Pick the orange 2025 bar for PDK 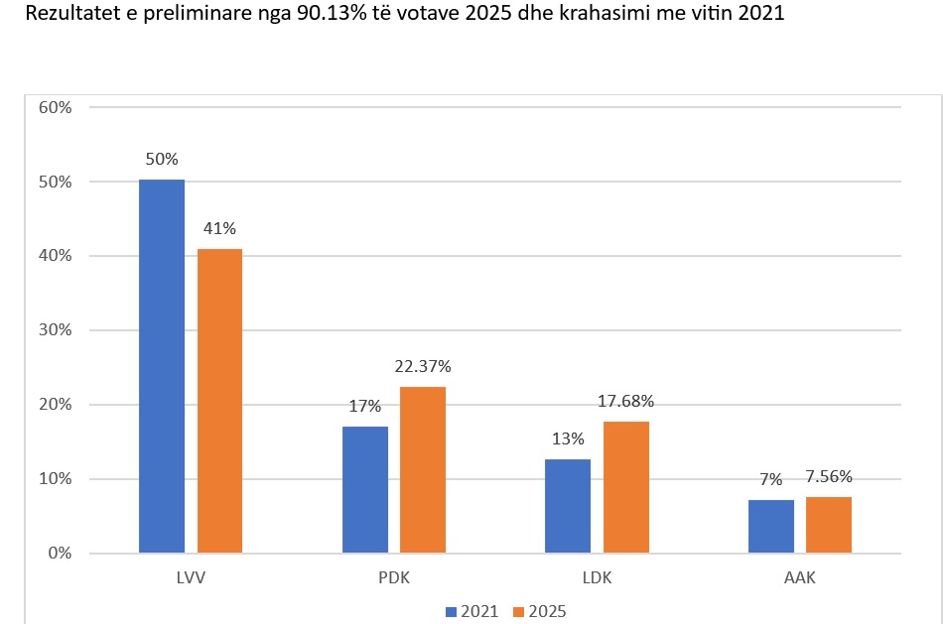[423, 469]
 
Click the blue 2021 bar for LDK [568, 505]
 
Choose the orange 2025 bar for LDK [626, 487]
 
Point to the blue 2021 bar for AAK [771, 526]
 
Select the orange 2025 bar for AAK [829, 524]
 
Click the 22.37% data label [423, 367]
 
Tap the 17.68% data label [626, 402]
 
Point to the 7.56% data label [830, 476]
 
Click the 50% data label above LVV [162, 159]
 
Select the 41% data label [219, 228]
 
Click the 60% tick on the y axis [55, 107]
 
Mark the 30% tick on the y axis [55, 330]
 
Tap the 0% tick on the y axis [59, 553]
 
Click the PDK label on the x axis [393, 577]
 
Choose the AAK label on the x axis [799, 577]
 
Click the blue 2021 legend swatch [450, 611]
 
